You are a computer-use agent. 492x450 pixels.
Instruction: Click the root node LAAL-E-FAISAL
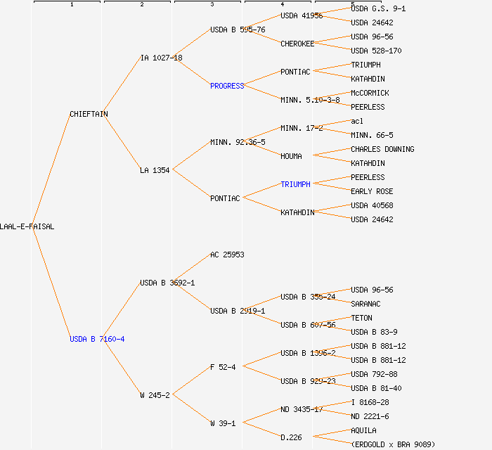coord(27,226)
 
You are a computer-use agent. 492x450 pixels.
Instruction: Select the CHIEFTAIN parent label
coord(89,114)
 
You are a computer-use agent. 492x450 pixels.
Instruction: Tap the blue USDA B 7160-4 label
coord(97,339)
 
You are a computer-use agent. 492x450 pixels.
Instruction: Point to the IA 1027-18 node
coord(161,58)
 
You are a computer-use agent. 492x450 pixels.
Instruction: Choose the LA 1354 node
coord(155,170)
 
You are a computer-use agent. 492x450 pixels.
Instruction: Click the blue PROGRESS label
coord(227,86)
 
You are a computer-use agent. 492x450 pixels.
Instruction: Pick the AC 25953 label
coord(227,255)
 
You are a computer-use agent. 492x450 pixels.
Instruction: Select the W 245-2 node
coord(155,395)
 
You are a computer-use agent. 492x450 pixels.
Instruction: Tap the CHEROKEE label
coord(297,44)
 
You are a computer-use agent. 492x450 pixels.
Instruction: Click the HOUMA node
coord(291,156)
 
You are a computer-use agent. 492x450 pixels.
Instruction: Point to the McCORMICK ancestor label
coord(370,93)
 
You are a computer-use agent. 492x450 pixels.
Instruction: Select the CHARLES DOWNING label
coord(382,149)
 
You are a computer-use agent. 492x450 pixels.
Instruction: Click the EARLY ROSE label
coord(372,191)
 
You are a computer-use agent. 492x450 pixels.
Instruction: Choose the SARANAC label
coord(365,304)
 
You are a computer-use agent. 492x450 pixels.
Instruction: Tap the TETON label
coord(361,318)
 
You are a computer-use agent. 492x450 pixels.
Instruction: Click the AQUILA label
coord(363,430)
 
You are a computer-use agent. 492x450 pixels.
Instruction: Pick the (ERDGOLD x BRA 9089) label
coord(393,444)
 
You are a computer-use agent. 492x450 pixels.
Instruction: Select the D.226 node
coord(291,437)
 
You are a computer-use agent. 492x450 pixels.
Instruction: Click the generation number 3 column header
coord(212,5)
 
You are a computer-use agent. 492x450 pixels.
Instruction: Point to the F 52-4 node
coord(223,367)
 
